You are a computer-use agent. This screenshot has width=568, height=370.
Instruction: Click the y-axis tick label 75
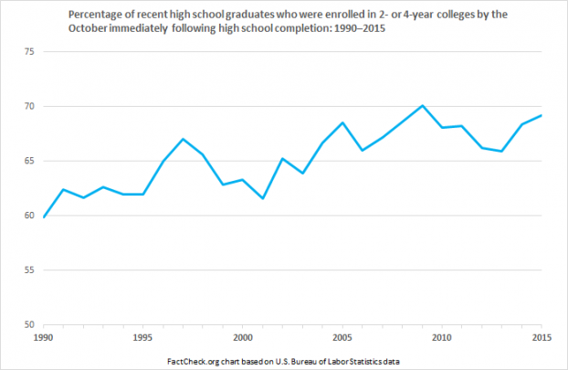click(x=28, y=52)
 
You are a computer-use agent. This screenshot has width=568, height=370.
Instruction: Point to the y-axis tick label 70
click(x=28, y=107)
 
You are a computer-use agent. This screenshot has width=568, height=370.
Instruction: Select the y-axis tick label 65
click(x=28, y=162)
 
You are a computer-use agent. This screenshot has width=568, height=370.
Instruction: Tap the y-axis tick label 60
click(x=28, y=217)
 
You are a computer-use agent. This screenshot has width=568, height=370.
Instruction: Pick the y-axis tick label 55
click(x=28, y=271)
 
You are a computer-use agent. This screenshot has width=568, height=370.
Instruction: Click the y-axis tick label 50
click(x=28, y=325)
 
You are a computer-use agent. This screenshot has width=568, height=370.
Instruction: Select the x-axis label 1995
click(x=142, y=337)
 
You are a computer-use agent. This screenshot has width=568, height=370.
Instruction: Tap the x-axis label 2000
click(x=242, y=337)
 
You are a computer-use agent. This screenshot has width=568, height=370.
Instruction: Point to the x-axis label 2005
click(x=342, y=337)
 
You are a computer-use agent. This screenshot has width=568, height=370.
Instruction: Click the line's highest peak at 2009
click(x=423, y=105)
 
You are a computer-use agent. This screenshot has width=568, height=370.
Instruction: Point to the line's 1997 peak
click(x=183, y=139)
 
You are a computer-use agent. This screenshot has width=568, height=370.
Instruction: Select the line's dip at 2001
click(x=263, y=198)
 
